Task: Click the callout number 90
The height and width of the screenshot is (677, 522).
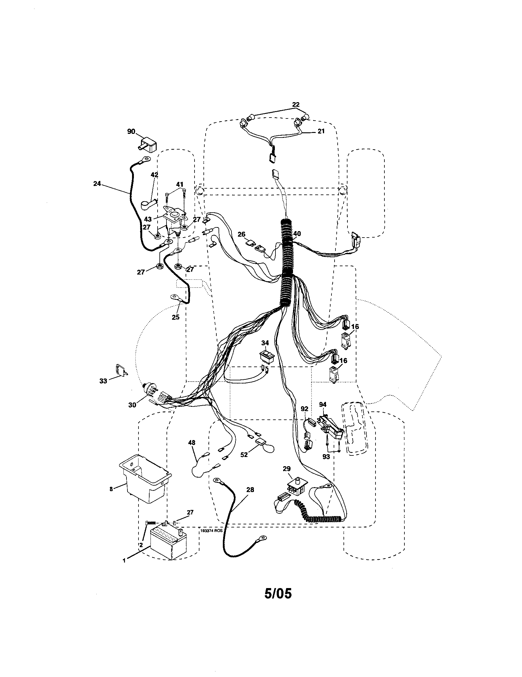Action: point(131,132)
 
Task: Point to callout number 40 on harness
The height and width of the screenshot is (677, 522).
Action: point(297,234)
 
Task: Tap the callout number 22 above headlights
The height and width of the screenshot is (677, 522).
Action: point(296,104)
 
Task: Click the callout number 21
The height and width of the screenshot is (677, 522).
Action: point(321,131)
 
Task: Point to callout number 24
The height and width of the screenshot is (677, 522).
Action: point(97,183)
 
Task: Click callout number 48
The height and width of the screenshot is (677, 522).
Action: point(192,443)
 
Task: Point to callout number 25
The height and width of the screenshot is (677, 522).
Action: point(175,317)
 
